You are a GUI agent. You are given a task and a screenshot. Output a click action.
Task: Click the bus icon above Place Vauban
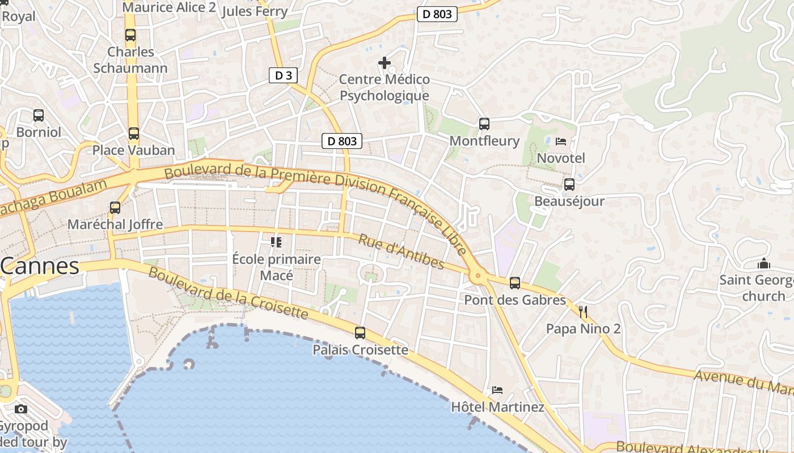134,134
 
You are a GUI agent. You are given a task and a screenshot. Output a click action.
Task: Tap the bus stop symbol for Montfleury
484,123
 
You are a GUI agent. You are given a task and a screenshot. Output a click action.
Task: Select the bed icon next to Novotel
561,141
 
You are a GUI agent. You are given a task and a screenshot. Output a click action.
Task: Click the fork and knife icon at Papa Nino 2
582,312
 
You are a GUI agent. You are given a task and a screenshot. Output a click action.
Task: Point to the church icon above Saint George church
763,264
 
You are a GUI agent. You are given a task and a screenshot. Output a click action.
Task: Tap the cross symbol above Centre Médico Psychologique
385,62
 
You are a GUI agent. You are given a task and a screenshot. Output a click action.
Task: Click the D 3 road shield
283,75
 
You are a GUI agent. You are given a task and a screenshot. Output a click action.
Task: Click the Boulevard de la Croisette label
229,293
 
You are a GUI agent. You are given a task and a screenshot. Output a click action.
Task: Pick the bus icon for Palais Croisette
360,333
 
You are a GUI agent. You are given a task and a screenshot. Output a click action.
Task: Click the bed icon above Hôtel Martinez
497,390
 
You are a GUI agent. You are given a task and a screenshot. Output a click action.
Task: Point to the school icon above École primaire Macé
276,242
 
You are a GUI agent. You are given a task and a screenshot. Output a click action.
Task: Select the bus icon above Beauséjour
569,184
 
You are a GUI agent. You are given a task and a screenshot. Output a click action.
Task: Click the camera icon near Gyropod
21,409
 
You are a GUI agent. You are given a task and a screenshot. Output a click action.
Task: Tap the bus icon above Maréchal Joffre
115,208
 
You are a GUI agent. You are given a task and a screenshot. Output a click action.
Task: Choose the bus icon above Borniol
39,116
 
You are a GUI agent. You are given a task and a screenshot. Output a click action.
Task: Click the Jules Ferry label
255,11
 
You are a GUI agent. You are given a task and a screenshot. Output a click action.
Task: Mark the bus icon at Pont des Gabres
515,283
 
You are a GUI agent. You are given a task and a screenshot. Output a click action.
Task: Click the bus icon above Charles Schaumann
130,35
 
